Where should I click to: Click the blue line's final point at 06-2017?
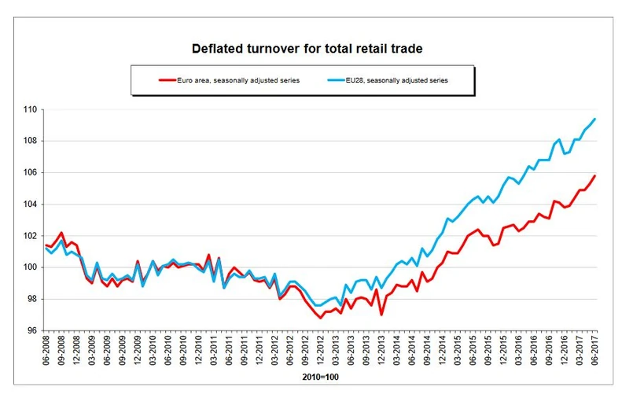click(595, 119)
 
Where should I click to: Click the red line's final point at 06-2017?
click(595, 175)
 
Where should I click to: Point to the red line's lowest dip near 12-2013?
click(381, 315)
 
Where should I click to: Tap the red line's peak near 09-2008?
click(61, 233)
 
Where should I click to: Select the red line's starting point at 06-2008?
click(46, 245)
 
